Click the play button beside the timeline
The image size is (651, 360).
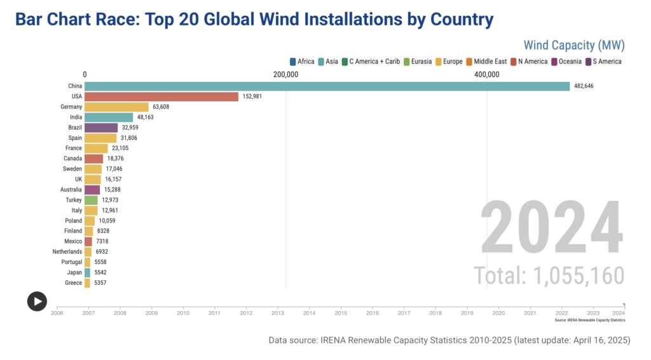pyautogui.click(x=37, y=301)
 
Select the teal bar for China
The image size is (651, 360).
pyautogui.click(x=327, y=87)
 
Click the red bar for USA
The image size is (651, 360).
pyautogui.click(x=161, y=97)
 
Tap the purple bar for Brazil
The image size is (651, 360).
pyautogui.click(x=101, y=127)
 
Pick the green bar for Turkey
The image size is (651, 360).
pyautogui.click(x=91, y=200)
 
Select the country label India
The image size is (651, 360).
pyautogui.click(x=75, y=117)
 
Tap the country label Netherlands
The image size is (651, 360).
pyautogui.click(x=67, y=252)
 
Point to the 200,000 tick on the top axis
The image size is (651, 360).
pyautogui.click(x=285, y=74)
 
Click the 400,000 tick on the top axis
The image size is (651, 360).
pyautogui.click(x=486, y=74)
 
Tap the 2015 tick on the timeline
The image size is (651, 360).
pyautogui.click(x=341, y=313)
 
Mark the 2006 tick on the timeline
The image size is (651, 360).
pyautogui.click(x=57, y=313)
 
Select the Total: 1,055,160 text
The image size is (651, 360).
pyautogui.click(x=549, y=275)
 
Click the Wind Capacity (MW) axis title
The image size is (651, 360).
pyautogui.click(x=574, y=45)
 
